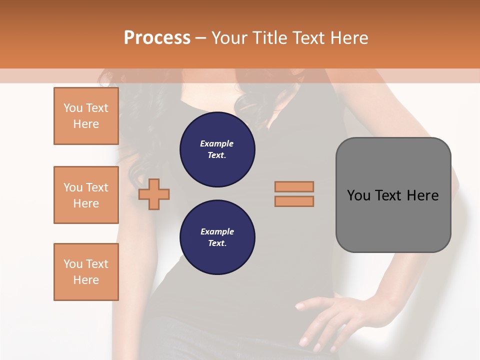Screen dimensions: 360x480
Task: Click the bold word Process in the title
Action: (x=157, y=37)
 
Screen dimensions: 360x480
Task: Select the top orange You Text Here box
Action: (x=86, y=116)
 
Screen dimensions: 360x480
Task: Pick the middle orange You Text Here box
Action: (x=86, y=195)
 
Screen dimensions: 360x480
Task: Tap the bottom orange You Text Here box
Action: (x=86, y=272)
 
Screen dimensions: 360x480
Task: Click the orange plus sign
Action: (x=154, y=193)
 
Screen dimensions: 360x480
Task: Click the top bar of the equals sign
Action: (x=294, y=186)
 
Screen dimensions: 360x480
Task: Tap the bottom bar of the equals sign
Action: (x=294, y=201)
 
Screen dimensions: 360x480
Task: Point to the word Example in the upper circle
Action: (x=217, y=143)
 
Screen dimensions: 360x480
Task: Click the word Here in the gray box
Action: (x=422, y=195)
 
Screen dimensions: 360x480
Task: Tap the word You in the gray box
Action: (x=358, y=195)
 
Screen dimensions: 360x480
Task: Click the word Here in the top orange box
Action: (x=86, y=124)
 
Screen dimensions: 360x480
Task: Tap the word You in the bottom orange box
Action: (x=73, y=264)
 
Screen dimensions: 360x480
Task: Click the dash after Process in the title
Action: (x=201, y=38)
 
